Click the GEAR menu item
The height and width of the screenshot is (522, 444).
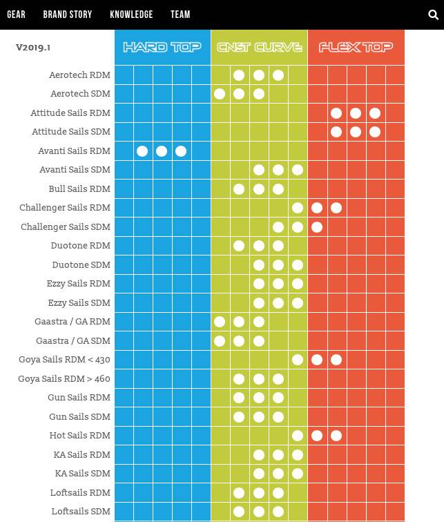(16, 14)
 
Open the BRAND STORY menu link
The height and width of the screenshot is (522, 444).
(67, 14)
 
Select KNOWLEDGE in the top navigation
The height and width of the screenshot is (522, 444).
(131, 14)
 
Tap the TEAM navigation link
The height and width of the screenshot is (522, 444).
(180, 14)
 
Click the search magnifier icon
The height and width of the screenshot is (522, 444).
(433, 14)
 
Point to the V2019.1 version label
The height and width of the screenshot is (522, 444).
(33, 48)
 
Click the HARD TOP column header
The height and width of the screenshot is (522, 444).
(162, 47)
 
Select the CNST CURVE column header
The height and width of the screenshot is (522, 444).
(259, 47)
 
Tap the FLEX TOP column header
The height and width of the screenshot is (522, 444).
(356, 47)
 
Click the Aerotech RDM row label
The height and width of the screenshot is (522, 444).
(79, 75)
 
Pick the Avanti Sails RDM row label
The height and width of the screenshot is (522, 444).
(75, 151)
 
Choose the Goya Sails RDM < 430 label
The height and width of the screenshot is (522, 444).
(64, 360)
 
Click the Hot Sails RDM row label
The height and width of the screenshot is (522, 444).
(79, 436)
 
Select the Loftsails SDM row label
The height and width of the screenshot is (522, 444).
(80, 512)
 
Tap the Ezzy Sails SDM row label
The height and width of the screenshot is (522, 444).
(79, 303)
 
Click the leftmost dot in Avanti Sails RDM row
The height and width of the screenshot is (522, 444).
(142, 151)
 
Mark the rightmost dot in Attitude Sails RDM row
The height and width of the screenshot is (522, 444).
(375, 113)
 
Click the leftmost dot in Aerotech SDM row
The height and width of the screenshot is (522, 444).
(220, 94)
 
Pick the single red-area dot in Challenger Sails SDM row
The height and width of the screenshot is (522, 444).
(317, 227)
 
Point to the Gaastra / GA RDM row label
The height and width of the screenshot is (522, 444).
(73, 322)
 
